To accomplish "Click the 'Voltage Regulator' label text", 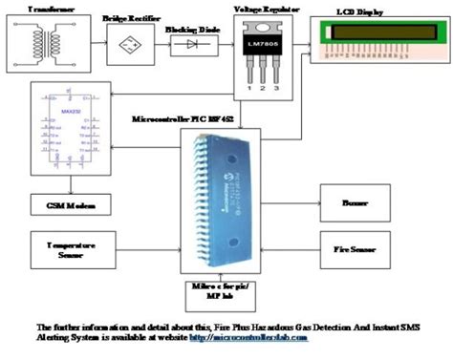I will tap(259, 7).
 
